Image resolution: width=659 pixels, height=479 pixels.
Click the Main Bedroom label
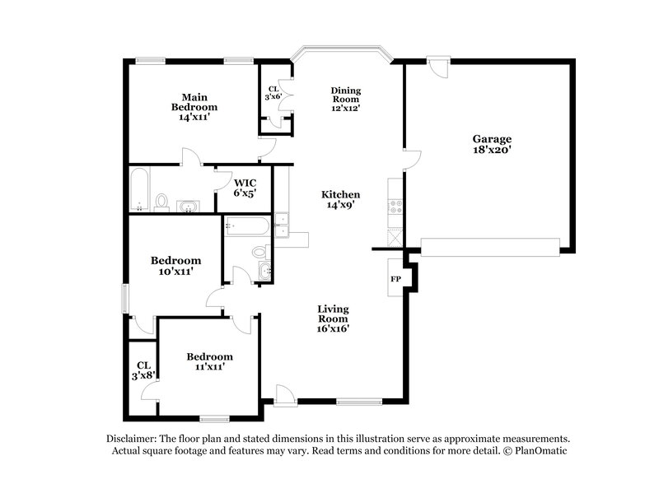pos(194,106)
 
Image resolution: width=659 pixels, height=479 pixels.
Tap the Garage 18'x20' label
pos(491,145)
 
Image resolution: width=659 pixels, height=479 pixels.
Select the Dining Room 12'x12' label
pos(346,99)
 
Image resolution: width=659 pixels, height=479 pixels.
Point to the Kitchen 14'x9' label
pos(341,200)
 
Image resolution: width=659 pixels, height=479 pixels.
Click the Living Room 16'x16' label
pos(334,319)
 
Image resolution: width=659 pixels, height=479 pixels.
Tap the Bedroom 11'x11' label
pos(209,361)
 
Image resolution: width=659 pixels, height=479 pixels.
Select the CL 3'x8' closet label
pos(143,370)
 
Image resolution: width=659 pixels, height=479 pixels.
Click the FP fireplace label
pos(395,278)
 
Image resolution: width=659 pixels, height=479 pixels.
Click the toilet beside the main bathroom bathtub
pos(161,202)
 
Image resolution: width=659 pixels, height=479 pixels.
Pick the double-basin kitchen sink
pos(283,225)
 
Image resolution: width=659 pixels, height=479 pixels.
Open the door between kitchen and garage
pos(411,159)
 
